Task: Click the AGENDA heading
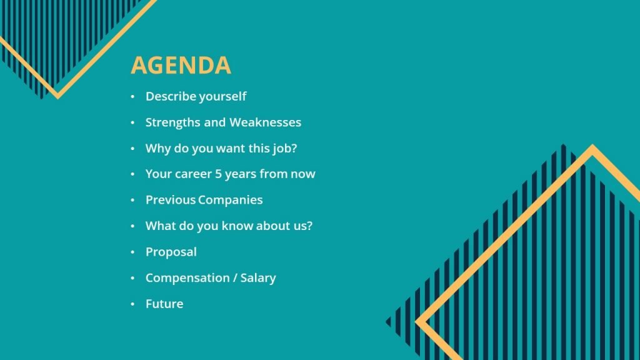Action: point(181,66)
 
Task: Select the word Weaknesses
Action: point(265,122)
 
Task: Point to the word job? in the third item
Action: point(282,149)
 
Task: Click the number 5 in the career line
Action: point(218,174)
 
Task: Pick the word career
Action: point(193,174)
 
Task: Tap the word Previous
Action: point(170,200)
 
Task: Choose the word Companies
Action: point(231,200)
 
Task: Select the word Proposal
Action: point(171,252)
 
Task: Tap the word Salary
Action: point(258,278)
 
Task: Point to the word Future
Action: point(164,304)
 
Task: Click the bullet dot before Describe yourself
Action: point(132,97)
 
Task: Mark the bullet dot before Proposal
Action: point(132,252)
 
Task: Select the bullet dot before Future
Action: point(132,304)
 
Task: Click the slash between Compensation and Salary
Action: point(234,278)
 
